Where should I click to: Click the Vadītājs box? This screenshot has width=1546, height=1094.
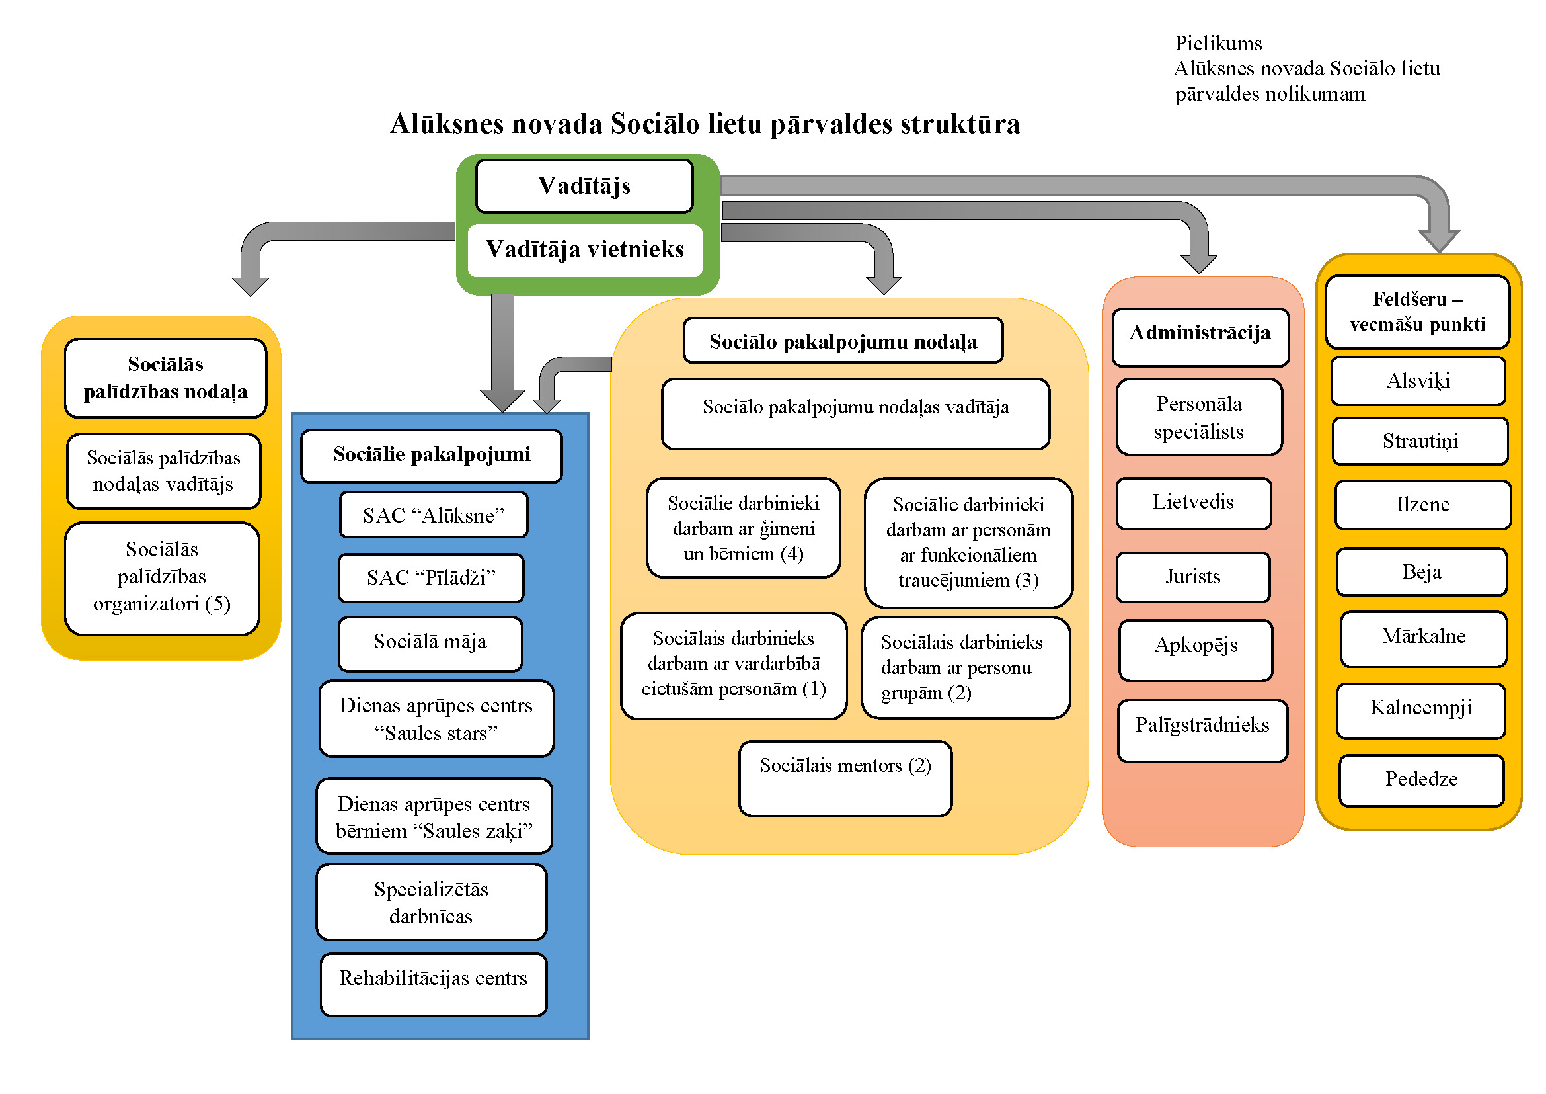584,186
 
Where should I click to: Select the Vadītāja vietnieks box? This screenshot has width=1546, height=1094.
584,250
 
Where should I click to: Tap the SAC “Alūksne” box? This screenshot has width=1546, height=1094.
433,515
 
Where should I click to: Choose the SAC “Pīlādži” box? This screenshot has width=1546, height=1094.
431,578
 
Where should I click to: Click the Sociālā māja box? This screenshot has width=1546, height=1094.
430,643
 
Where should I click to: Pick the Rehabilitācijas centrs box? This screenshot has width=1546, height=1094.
433,984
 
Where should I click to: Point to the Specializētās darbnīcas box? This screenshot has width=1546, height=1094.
431,902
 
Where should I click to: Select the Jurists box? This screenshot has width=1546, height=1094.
1192,577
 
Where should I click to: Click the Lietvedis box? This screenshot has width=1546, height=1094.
1193,503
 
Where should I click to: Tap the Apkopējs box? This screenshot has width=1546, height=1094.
1196,650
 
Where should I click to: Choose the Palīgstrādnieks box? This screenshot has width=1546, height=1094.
1202,730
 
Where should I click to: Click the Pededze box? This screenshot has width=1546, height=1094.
1421,780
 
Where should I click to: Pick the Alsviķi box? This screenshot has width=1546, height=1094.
1418,381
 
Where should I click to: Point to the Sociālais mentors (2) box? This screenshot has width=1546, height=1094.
845,778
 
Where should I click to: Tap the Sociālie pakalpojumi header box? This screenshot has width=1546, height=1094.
432,455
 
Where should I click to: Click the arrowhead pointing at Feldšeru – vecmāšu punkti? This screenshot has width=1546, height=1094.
1438,240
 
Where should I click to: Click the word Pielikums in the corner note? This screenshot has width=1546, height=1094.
1218,44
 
